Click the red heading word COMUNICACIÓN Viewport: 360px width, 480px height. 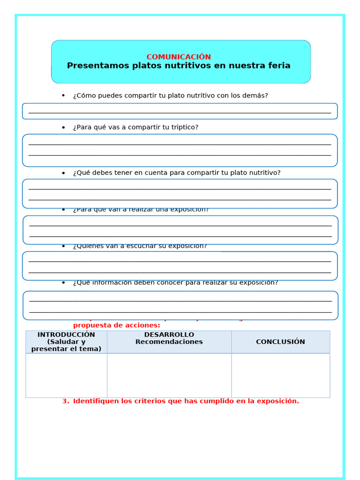[x=179, y=57]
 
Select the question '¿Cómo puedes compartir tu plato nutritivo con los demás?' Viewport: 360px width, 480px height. [x=170, y=96]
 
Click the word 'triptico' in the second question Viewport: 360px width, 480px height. [x=184, y=127]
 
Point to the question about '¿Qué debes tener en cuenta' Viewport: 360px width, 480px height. [x=177, y=172]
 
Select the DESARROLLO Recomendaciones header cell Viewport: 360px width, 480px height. [x=169, y=338]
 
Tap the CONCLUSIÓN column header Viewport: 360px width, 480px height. [x=280, y=342]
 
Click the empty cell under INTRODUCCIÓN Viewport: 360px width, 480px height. [x=66, y=375]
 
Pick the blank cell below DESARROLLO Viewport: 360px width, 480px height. [x=169, y=375]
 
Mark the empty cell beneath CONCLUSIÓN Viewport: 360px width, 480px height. [x=280, y=375]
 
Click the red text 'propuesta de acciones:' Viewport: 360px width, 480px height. [x=116, y=325]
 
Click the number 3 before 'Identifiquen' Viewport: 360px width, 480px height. [x=65, y=401]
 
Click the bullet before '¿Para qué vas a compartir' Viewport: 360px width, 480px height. [x=63, y=127]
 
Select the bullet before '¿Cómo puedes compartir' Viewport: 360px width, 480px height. [x=63, y=96]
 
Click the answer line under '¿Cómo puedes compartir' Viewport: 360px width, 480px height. [x=180, y=112]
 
